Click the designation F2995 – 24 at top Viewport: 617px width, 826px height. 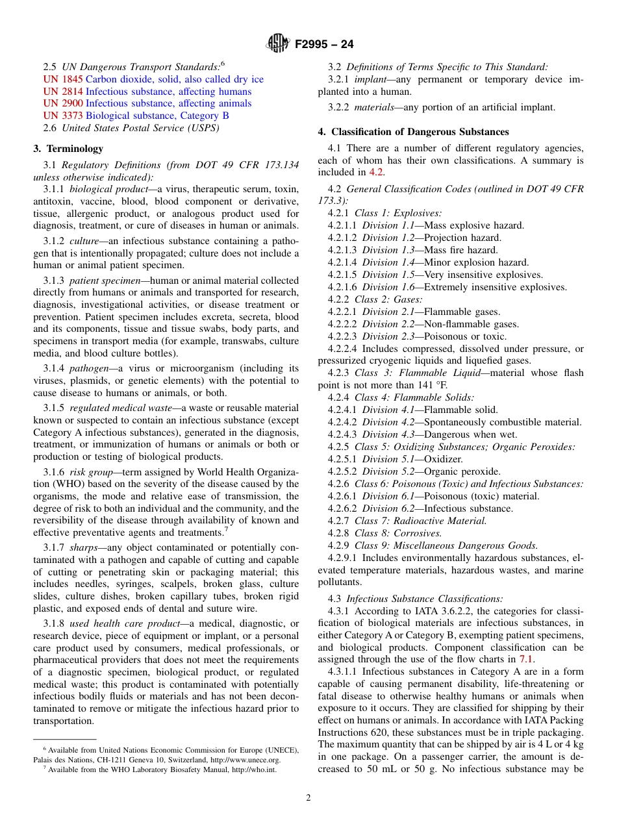tap(324, 44)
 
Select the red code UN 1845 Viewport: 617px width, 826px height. tap(63, 79)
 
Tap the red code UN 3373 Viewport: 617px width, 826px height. tap(63, 116)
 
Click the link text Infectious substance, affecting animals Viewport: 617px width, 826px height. tap(168, 103)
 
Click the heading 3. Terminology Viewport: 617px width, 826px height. tap(68, 149)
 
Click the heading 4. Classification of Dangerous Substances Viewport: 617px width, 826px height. tap(413, 132)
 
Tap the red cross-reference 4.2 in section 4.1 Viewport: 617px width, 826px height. tap(377, 173)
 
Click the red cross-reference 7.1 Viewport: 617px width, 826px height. tap(527, 660)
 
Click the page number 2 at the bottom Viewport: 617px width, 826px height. tap(308, 798)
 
